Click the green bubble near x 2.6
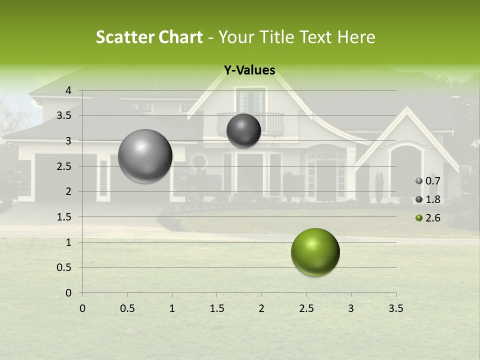[x=315, y=252]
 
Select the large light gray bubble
[x=145, y=156]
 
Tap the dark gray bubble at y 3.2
[x=243, y=130]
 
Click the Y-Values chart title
[x=249, y=70]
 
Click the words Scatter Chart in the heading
[x=149, y=37]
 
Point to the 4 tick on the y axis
[x=68, y=90]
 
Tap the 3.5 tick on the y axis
[x=65, y=115]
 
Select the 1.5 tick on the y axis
[x=65, y=217]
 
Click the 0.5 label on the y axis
[x=65, y=267]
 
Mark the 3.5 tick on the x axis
[x=395, y=308]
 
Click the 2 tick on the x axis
[x=261, y=308]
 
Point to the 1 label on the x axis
[x=172, y=308]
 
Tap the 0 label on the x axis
[x=82, y=308]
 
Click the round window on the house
[x=199, y=161]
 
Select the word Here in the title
[x=356, y=37]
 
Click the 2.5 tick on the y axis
[x=65, y=166]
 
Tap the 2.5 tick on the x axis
[x=306, y=308]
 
